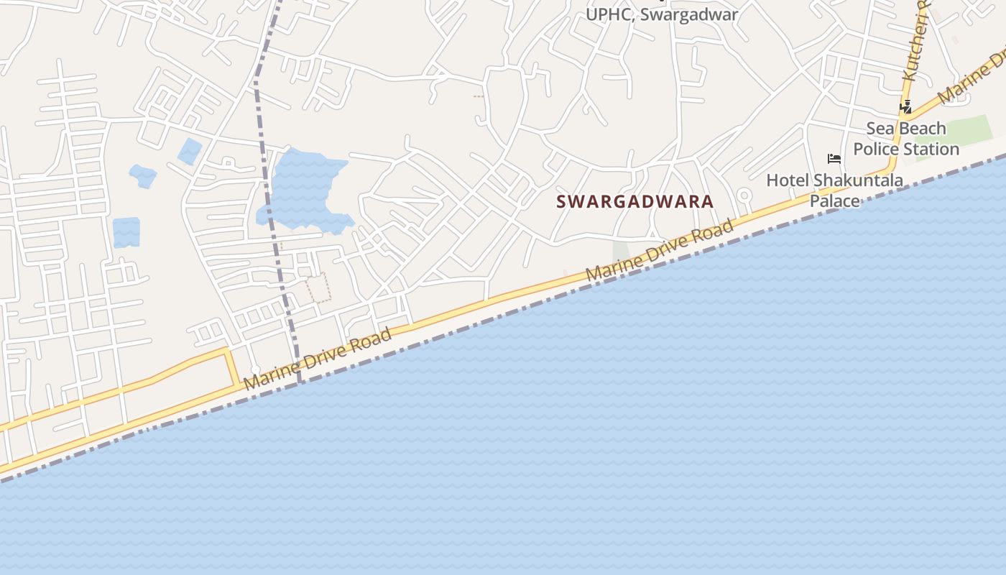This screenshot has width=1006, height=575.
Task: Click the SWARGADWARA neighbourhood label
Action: tap(635, 202)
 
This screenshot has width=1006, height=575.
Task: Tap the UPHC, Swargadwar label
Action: tap(662, 14)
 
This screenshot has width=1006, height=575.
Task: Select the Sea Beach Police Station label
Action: tap(906, 139)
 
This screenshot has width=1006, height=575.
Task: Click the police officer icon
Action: tap(906, 108)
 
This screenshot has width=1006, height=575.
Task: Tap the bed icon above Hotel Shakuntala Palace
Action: tap(834, 158)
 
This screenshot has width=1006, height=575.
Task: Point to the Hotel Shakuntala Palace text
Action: tap(834, 190)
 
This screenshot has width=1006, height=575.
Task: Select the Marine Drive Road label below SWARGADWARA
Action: tap(660, 250)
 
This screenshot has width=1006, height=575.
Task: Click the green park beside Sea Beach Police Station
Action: tap(963, 133)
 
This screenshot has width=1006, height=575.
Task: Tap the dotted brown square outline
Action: tap(318, 287)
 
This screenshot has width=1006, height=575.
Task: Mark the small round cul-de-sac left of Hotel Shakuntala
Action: tap(744, 195)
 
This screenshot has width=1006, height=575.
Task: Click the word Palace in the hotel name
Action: tap(834, 201)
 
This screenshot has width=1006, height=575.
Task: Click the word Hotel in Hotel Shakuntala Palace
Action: tap(788, 180)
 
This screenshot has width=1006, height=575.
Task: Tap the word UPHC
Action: tap(608, 14)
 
